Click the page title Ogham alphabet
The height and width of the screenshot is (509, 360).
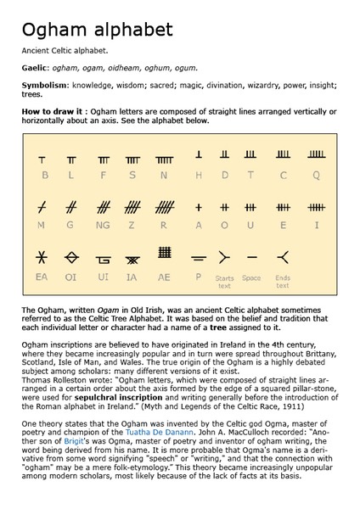point(97,31)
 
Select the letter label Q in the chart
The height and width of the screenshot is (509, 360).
point(316,175)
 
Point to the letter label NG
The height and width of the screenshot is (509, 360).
point(103,226)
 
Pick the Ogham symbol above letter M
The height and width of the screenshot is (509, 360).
point(42,206)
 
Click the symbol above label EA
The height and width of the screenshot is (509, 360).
point(42,256)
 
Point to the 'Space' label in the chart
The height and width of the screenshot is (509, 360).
point(251,277)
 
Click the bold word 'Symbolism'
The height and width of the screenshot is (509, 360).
point(45,87)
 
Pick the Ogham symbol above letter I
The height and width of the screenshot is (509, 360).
point(316,207)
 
